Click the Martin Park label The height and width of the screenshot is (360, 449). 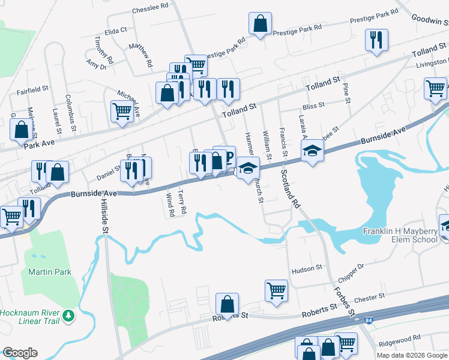[50, 272]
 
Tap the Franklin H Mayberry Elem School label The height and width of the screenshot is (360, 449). [400, 236]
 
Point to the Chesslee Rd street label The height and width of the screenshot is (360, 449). [150, 7]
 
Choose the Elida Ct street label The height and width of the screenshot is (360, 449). [116, 30]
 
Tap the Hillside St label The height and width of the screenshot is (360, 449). [104, 216]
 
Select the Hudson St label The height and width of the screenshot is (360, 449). [307, 271]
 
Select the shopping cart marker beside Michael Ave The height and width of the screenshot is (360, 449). [122, 111]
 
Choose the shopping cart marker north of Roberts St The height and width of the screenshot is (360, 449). [276, 291]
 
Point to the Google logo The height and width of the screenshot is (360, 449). [20, 353]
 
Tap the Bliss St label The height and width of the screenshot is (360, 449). [313, 105]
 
